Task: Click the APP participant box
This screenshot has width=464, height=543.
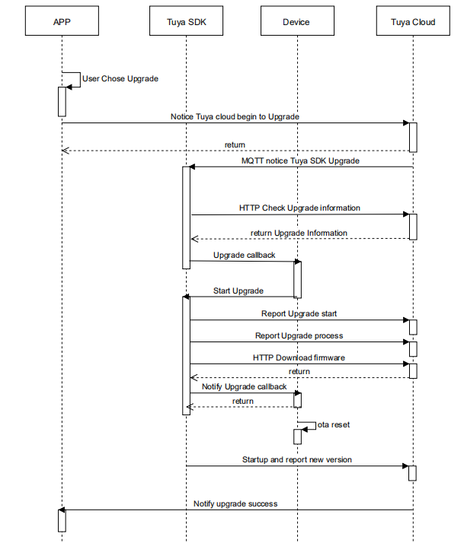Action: coord(62,22)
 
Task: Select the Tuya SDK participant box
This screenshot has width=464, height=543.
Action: coord(186,22)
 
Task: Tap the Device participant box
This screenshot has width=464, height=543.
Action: coord(296,22)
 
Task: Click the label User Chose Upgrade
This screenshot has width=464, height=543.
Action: coord(120,78)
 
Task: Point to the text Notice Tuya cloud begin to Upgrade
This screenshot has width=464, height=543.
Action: coord(235,117)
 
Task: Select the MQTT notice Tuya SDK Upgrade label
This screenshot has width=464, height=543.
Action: coord(300,161)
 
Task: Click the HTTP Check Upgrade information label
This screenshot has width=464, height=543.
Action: coord(299,208)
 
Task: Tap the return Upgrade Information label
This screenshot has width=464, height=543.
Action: coord(299,233)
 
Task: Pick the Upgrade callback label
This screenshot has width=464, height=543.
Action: coord(245,255)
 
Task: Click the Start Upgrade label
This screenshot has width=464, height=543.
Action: coord(238,291)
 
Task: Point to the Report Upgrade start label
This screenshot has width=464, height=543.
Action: coord(299,313)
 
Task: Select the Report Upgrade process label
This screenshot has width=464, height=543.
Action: coord(299,335)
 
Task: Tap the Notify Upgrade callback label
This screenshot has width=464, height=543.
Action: coord(245,386)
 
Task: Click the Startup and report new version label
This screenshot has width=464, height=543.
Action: coord(297,459)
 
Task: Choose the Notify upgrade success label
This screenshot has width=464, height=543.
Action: coord(235,503)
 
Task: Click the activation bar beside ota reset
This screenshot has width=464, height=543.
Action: coord(297,437)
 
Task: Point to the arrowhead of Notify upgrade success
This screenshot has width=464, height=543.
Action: coord(62,510)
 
